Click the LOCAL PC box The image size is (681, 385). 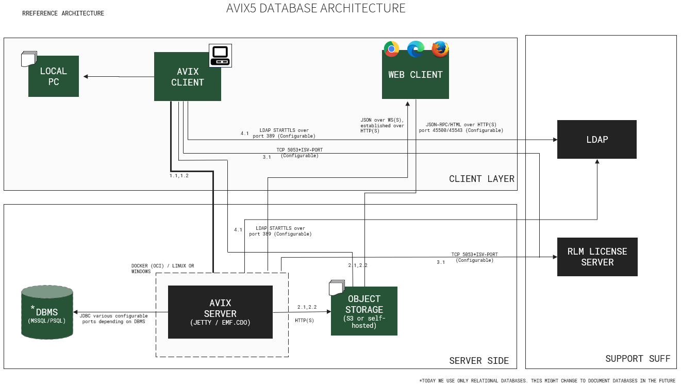coord(54,76)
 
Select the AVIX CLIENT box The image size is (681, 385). coord(188,77)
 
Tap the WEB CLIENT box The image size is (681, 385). coord(416,75)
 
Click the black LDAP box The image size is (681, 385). coord(597,140)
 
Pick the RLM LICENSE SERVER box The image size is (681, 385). coord(597,257)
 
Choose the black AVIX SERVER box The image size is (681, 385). coord(220,312)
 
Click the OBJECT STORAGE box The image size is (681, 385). coord(364,311)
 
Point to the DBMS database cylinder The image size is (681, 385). coord(47,313)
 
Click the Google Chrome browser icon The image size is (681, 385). coord(391,49)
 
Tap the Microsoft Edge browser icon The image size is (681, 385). coord(416,49)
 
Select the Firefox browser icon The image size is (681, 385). coord(440,49)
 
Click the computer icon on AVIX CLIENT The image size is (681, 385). coord(220,55)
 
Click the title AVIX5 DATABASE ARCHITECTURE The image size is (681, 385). coord(316,9)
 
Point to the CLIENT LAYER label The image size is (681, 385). coord(481,179)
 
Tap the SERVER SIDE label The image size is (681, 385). coord(479,361)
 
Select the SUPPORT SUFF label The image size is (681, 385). coord(638,359)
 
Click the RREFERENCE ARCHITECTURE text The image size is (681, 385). coord(63,13)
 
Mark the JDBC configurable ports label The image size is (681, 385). coord(113,319)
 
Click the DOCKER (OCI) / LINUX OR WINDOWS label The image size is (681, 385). coord(163,269)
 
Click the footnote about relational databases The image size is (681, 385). coord(547,381)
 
